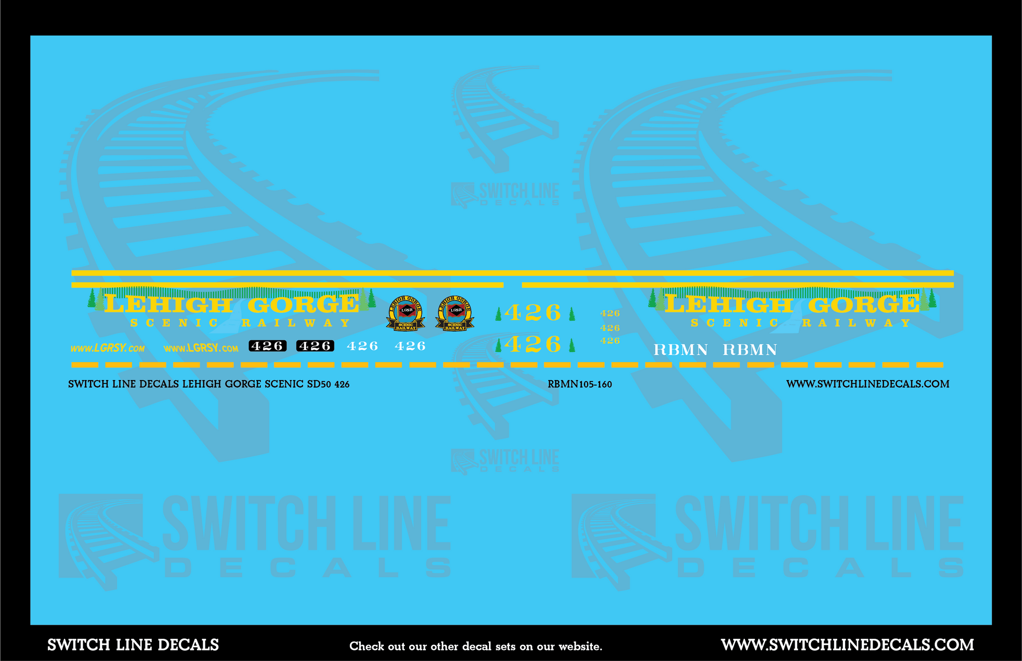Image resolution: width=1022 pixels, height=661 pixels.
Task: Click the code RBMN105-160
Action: point(579,384)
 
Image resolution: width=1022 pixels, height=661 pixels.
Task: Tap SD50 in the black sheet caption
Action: point(319,384)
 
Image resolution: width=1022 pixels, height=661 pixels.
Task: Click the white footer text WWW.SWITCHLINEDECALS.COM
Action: point(847,645)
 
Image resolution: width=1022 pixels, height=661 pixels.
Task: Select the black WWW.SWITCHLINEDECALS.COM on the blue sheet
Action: point(868,384)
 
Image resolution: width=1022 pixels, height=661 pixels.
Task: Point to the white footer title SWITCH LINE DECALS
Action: point(133,645)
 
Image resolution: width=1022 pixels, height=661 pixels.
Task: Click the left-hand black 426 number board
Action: point(267,346)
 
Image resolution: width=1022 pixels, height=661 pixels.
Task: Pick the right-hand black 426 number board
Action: point(315,346)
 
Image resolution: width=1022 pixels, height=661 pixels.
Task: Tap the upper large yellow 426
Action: point(533,313)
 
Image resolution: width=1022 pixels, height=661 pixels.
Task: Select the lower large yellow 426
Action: point(533,344)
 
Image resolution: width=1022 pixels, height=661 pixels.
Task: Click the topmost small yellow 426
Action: point(610,313)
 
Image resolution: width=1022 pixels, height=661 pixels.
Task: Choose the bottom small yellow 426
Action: point(610,341)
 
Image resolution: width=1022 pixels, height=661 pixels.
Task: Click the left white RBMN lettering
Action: point(681,350)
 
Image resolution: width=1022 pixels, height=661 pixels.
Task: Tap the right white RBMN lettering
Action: point(749,350)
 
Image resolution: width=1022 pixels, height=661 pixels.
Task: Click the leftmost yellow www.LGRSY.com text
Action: point(108,349)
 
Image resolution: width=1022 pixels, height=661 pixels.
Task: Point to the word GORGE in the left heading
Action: point(303,305)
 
